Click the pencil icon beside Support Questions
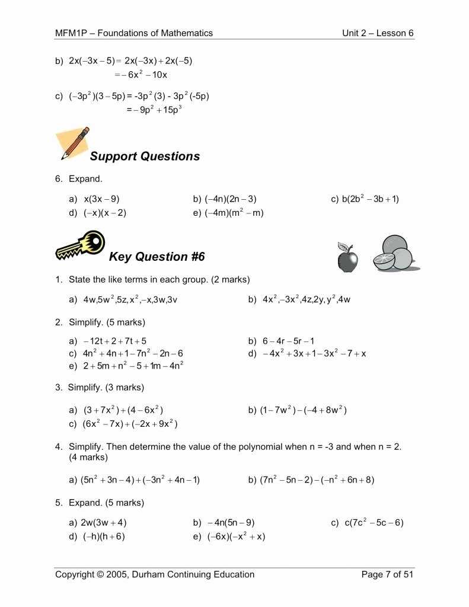74,143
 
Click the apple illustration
347,257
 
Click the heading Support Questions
145,156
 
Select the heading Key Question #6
157,257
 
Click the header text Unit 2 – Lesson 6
378,33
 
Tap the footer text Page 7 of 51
387,574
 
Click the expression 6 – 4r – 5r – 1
288,341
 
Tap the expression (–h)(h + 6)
104,536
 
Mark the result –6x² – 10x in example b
142,75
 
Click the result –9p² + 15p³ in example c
153,110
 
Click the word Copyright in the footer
75,574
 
